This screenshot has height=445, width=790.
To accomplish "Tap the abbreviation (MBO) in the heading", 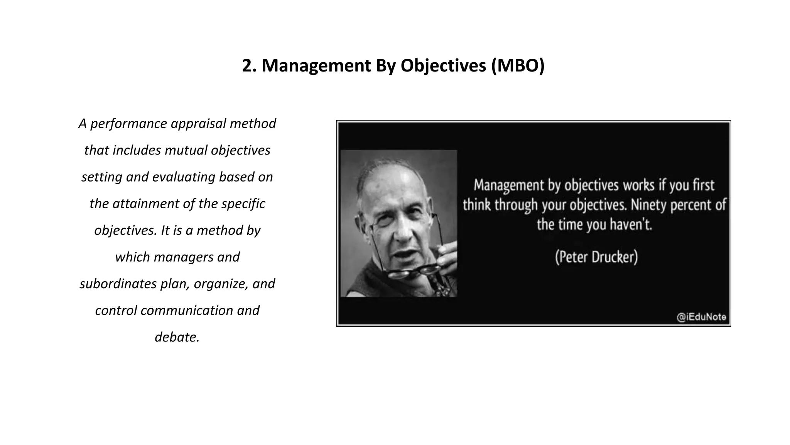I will [518, 66].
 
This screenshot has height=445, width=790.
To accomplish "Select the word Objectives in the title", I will [443, 66].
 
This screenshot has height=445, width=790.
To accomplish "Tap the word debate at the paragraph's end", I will [176, 337].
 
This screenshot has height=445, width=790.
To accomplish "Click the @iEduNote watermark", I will [701, 318].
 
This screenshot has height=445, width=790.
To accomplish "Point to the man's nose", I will [401, 228].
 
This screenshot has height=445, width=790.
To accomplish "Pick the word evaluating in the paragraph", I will [183, 177].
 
